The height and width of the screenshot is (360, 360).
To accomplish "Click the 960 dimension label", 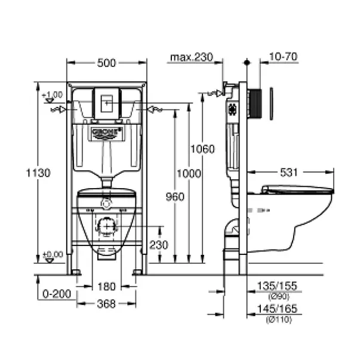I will (x=174, y=196).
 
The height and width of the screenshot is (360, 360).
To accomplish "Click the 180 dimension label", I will (x=106, y=287).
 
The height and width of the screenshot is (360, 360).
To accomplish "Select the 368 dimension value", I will (x=106, y=303).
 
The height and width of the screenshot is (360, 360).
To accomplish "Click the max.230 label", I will (x=191, y=57).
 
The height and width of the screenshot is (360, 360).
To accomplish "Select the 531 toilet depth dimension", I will (x=289, y=173).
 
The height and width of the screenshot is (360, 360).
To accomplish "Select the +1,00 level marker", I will (x=53, y=94).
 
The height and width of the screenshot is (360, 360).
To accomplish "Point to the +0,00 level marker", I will (x=53, y=254).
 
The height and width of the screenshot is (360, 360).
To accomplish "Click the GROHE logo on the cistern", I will (x=106, y=131).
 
